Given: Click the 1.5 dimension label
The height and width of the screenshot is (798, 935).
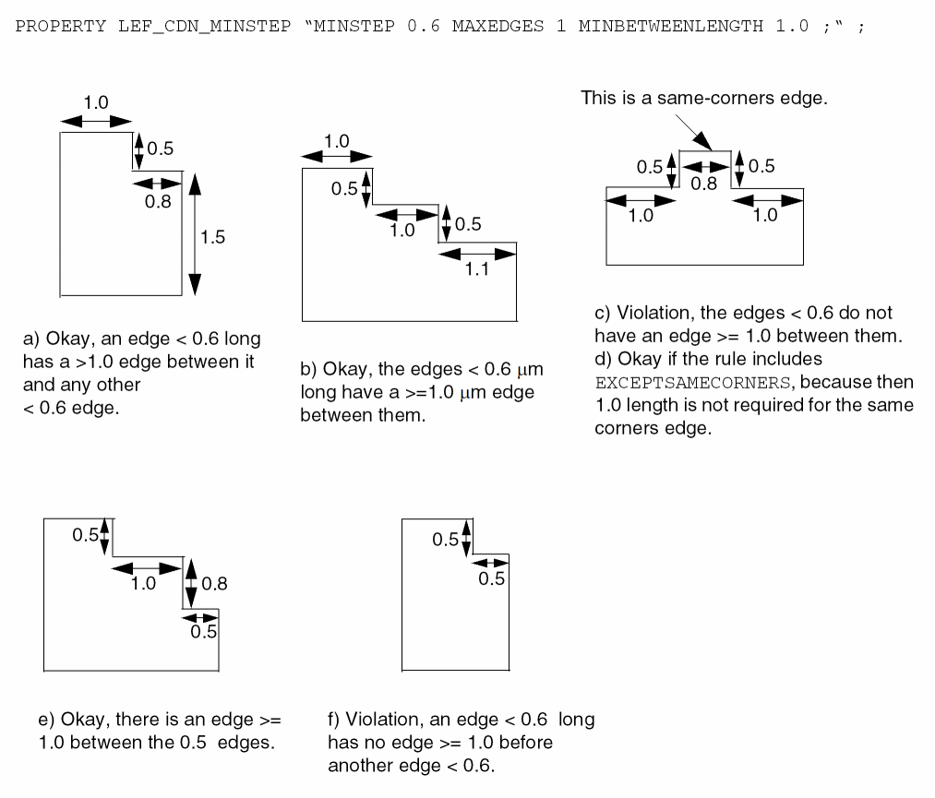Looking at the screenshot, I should pos(212,237).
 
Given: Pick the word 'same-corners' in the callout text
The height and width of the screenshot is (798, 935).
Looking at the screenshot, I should pos(708,98).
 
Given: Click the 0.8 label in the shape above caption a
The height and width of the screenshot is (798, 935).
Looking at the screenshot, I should pos(158,202).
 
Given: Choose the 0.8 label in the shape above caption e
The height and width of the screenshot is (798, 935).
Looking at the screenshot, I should pos(214,583).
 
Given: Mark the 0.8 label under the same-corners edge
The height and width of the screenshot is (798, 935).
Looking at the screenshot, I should pos(704,184).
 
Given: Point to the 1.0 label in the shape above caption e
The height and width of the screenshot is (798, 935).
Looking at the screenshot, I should pos(143,583).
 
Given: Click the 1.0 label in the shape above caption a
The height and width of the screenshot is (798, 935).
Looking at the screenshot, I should pos(96,103).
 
